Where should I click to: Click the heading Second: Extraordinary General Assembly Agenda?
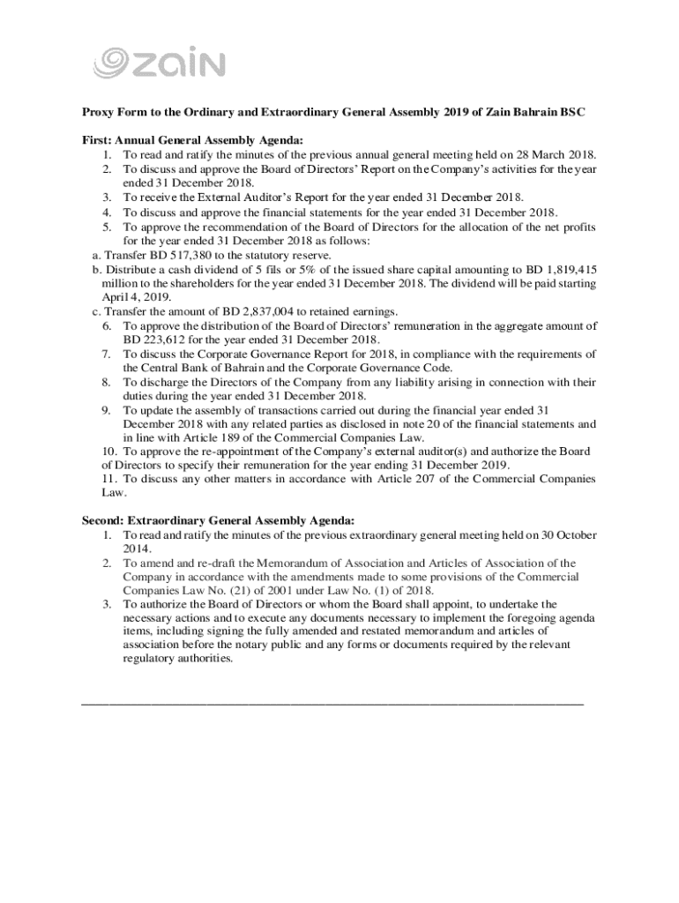[219, 520]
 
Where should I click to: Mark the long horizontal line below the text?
[332, 704]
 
